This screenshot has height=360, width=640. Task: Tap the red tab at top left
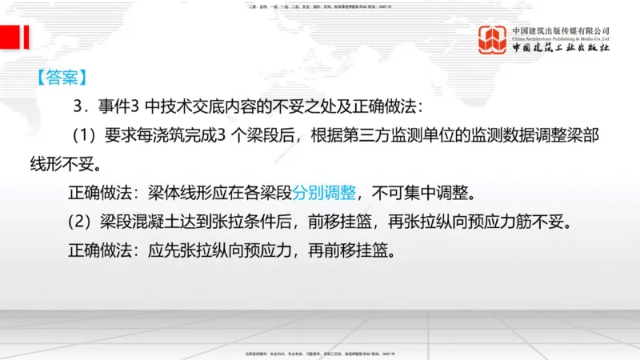click(14, 36)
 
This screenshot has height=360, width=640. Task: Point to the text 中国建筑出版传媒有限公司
click(560, 30)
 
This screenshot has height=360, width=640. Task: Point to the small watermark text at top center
click(320, 7)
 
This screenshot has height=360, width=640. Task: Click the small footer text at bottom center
click(320, 353)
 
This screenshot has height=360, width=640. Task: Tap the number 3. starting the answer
click(78, 106)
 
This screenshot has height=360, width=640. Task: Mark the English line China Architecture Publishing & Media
click(560, 38)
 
